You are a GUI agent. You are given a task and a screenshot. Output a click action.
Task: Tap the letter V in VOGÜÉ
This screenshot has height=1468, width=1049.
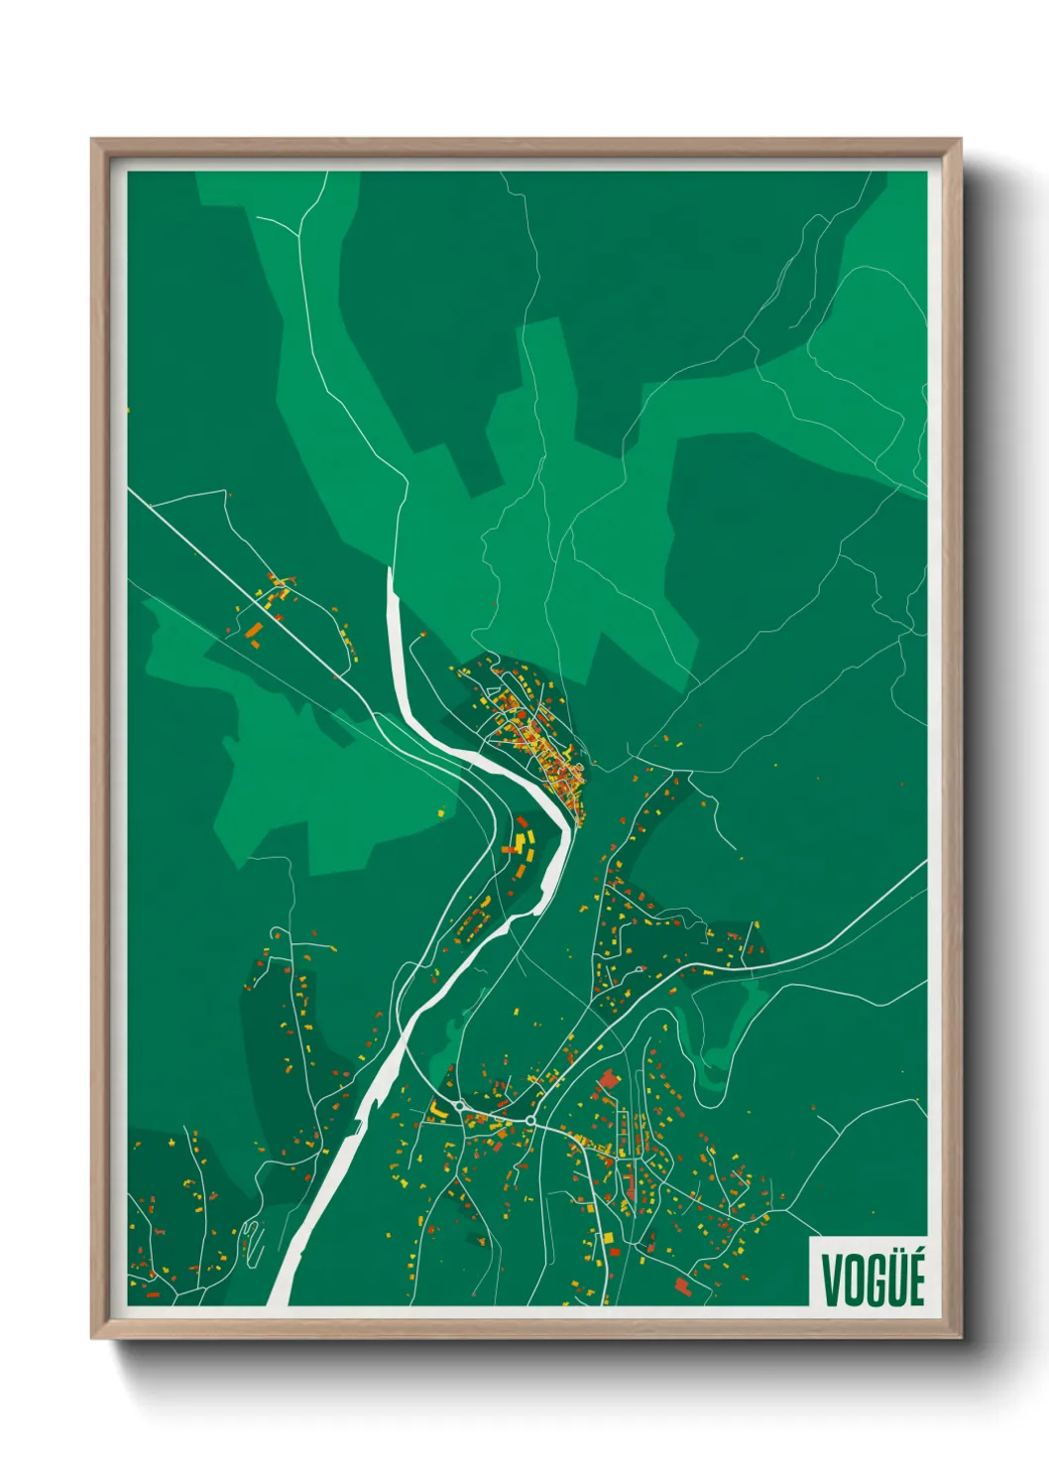(831, 1280)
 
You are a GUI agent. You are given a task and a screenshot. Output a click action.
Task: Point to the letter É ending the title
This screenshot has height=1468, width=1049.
(914, 1279)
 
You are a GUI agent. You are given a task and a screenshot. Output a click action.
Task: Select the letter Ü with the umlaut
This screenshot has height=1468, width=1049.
(892, 1279)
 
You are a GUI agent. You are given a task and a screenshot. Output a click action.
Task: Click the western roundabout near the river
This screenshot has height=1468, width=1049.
(460, 1106)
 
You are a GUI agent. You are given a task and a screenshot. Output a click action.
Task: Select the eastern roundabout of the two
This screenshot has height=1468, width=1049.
(530, 1120)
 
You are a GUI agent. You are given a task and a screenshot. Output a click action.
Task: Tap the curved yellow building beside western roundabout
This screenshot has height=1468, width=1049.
(437, 1110)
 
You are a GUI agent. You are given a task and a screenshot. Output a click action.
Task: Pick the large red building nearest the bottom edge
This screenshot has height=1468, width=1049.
(682, 1286)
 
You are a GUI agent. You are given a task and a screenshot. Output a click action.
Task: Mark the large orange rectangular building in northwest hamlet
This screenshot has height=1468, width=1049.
(254, 629)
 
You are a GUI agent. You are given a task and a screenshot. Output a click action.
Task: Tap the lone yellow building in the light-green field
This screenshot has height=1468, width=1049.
(441, 812)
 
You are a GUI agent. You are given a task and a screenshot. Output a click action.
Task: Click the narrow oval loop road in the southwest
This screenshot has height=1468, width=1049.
(250, 1240)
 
